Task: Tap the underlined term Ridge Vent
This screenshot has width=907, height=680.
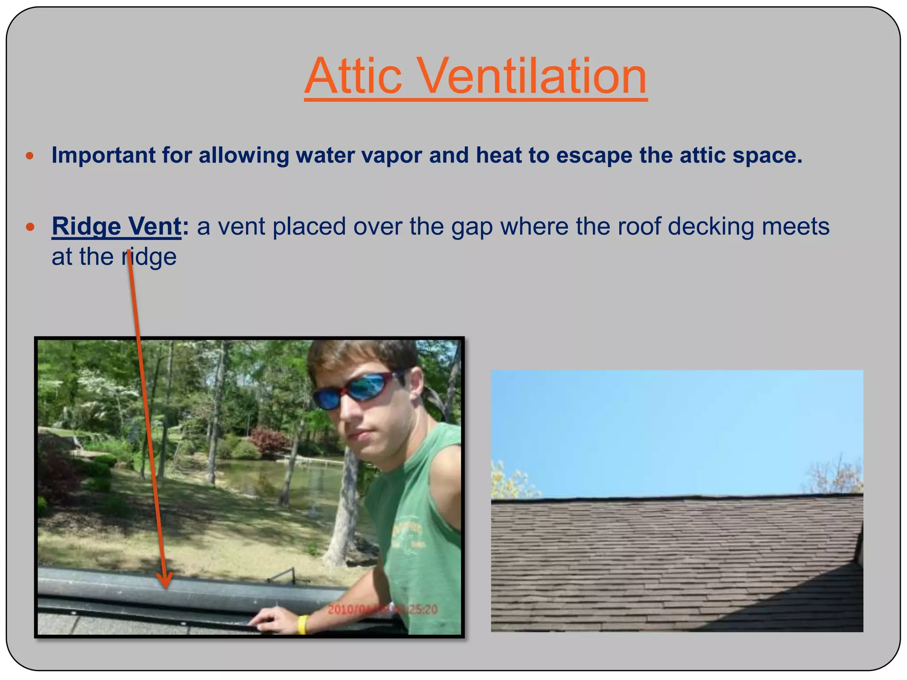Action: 116,226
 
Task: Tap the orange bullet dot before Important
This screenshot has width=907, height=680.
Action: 30,156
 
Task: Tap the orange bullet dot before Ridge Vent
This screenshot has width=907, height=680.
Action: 30,227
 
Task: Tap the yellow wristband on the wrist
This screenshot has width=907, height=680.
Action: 302,624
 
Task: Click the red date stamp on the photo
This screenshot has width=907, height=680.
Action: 382,610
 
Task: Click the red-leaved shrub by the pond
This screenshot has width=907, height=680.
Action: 270,440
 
